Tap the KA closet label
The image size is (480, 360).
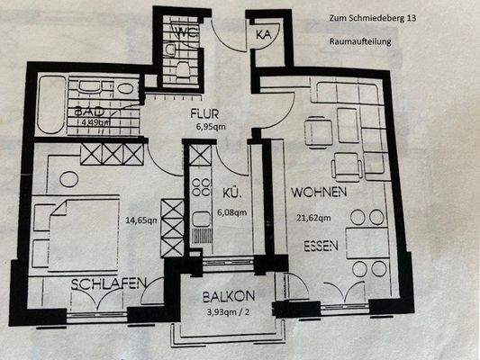(x=264, y=34)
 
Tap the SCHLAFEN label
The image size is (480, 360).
(x=110, y=283)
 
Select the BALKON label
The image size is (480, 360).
(x=228, y=295)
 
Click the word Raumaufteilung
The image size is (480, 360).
(x=358, y=41)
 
